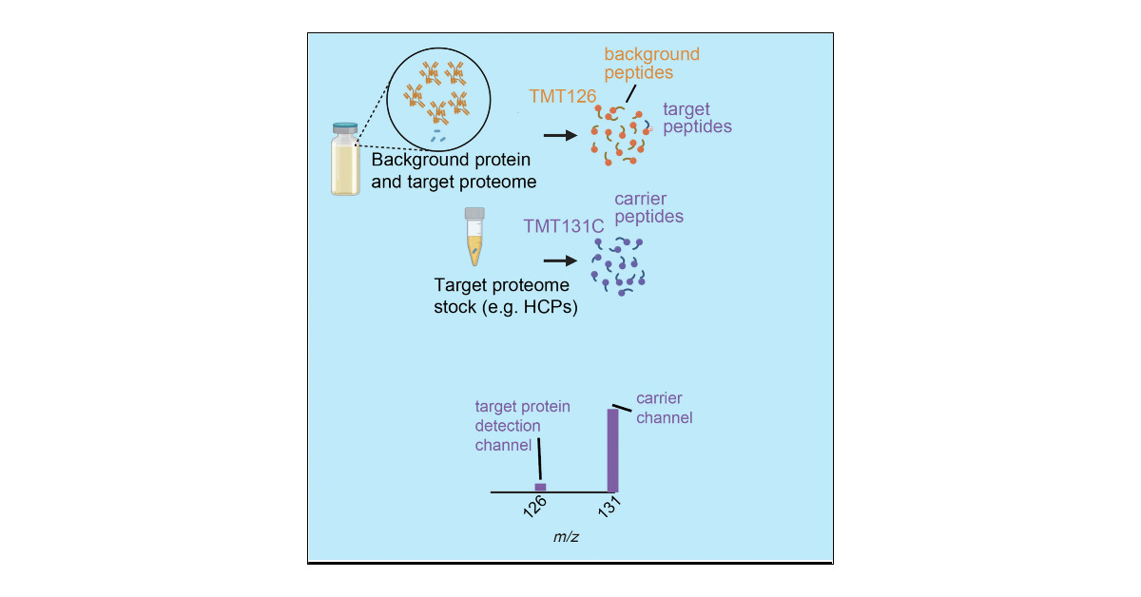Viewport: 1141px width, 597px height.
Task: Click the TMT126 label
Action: pyautogui.click(x=562, y=96)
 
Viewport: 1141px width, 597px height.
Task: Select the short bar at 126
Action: pyautogui.click(x=540, y=487)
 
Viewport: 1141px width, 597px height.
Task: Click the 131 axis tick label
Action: pyautogui.click(x=609, y=508)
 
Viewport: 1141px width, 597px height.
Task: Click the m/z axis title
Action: pyautogui.click(x=567, y=537)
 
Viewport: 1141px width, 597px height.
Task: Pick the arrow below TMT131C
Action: pyautogui.click(x=559, y=260)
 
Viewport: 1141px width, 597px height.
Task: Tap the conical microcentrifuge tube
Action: pyautogui.click(x=474, y=238)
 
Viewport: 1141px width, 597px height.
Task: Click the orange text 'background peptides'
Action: pyautogui.click(x=651, y=63)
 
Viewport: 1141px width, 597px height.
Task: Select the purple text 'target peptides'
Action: pyautogui.click(x=697, y=118)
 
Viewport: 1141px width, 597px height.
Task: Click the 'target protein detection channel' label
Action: pyautogui.click(x=522, y=425)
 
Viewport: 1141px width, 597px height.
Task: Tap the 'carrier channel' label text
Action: pyautogui.click(x=664, y=408)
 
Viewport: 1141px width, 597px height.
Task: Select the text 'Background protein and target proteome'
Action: pyautogui.click(x=454, y=170)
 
